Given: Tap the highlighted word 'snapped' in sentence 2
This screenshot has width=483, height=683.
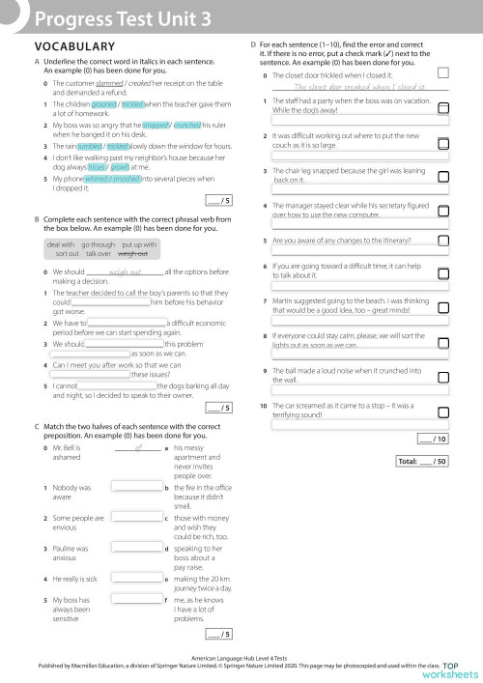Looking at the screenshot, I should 156,125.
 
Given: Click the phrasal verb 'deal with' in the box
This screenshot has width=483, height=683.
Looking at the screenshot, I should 64,245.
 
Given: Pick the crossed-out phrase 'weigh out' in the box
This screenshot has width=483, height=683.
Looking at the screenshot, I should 132,254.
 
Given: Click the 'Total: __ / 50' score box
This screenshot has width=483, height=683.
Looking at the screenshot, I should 422,462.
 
